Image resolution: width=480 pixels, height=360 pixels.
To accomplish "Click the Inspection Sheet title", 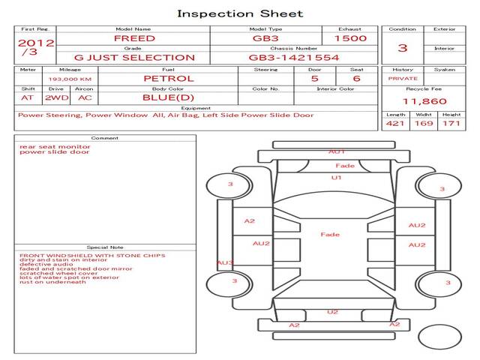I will [240, 13].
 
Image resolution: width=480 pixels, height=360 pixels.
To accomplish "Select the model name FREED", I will [135, 38].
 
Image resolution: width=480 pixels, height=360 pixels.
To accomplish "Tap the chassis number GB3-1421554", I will [294, 57].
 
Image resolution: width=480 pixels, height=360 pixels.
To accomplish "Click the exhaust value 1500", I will [350, 38].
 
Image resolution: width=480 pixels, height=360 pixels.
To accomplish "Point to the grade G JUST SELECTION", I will [135, 57].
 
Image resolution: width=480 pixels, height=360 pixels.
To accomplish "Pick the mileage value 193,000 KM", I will [70, 79].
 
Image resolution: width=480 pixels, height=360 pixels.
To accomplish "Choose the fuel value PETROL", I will [169, 78].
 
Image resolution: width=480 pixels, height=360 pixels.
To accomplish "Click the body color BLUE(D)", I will [169, 97].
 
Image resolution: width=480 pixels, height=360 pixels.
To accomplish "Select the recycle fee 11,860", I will [424, 101].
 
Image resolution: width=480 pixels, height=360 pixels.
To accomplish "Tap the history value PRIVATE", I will [403, 78].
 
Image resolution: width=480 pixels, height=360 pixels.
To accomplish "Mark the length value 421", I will [395, 123].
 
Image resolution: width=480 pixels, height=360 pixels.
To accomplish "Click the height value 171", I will [451, 123].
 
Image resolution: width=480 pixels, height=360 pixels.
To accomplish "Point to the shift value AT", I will [28, 97].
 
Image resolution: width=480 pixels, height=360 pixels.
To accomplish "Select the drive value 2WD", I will [55, 97].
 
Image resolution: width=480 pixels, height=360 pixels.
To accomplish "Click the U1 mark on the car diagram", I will [337, 178].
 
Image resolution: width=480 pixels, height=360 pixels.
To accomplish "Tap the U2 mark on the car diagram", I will [333, 312].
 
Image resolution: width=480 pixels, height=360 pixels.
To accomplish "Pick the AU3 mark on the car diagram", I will [225, 263].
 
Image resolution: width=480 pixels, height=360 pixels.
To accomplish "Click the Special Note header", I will [104, 247].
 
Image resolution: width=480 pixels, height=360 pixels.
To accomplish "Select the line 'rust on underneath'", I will [52, 282].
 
